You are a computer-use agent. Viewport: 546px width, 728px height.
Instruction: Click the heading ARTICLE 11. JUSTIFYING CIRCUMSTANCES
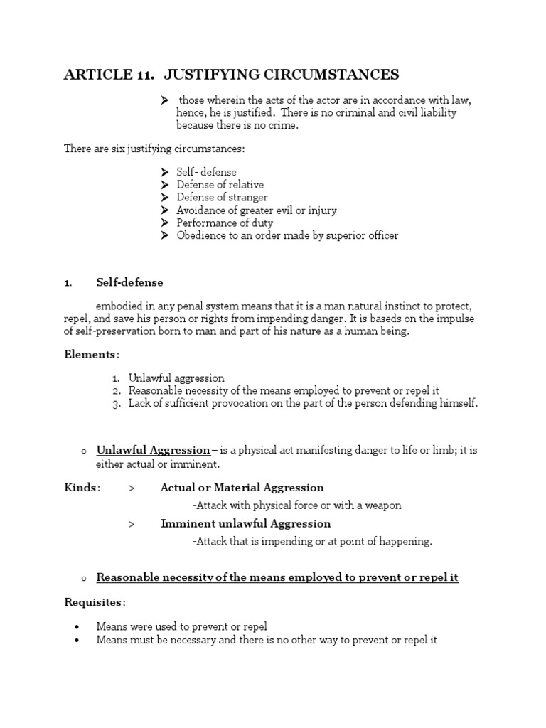(231, 75)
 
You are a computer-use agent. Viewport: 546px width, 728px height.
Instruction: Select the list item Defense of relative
(220, 185)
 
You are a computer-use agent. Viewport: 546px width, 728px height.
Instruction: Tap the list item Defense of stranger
(222, 198)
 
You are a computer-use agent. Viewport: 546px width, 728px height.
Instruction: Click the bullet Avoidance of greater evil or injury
(257, 210)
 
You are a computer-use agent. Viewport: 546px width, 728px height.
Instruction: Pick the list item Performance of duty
(225, 223)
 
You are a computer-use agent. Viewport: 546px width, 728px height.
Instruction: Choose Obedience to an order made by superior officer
(287, 235)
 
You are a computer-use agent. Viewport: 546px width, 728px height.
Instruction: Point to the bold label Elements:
(92, 354)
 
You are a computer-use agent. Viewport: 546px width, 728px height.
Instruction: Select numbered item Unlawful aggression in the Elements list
(176, 378)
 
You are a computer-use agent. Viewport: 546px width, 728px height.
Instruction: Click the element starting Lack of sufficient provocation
(303, 404)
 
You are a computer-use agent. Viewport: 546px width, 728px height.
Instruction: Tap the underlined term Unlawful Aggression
(153, 450)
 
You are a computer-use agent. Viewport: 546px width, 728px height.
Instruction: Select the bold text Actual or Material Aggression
(242, 488)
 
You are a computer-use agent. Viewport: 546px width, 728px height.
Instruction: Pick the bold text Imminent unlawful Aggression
(245, 523)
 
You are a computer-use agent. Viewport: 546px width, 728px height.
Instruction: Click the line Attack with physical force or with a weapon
(296, 505)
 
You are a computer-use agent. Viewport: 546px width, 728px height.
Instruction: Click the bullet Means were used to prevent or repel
(181, 627)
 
